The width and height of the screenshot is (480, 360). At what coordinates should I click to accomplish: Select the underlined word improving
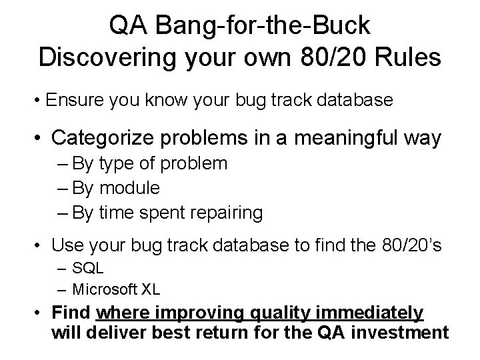coord(215,312)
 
